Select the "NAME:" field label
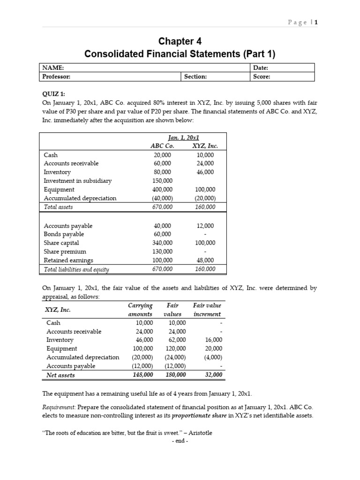tap(52, 68)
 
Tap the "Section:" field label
tap(195, 76)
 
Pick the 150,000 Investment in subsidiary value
tap(163, 180)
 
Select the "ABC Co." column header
tap(162, 146)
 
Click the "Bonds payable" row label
tap(64, 234)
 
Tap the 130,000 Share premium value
tap(163, 251)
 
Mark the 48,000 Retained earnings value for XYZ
tap(205, 260)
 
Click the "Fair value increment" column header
tap(207, 309)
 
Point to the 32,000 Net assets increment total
tap(214, 375)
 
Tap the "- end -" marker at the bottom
tap(180, 441)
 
